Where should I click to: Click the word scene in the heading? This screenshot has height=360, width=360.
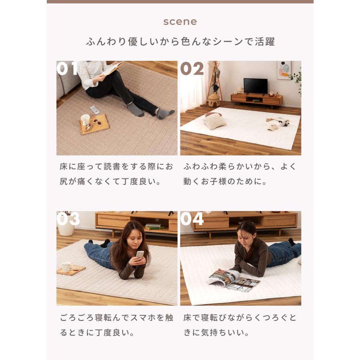180,21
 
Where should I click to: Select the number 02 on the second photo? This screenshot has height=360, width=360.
192,69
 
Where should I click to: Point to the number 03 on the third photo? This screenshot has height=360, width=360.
68,219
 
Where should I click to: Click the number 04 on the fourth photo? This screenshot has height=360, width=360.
192,219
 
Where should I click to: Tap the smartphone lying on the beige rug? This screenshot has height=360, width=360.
95,110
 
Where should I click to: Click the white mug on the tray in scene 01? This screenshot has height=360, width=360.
85,120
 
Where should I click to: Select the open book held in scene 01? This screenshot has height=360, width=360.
112,68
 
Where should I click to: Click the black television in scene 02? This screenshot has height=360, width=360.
256,86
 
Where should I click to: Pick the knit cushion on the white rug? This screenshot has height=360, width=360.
214,121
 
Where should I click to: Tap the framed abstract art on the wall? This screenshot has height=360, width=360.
284,70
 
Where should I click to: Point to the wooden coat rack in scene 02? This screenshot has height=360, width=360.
215,80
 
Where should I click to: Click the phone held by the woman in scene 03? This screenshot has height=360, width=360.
140,255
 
